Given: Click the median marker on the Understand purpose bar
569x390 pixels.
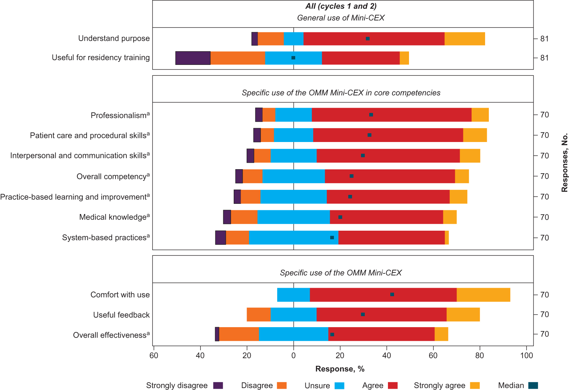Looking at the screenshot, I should [368, 39].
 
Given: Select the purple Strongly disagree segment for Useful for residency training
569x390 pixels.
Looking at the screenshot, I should [193, 58].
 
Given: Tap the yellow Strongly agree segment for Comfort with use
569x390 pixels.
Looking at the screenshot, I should [483, 295].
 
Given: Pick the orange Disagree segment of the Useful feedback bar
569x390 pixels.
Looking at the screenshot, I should [259, 315].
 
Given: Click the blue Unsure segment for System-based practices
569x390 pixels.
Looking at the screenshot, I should [294, 237].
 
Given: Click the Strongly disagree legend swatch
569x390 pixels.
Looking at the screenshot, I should [218, 385].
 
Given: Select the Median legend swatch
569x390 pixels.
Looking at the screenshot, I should [533, 385].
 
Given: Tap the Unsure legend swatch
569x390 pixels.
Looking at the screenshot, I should [339, 385].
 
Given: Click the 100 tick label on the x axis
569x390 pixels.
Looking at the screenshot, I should [527, 356].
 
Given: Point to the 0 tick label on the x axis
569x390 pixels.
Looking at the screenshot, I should [294, 356].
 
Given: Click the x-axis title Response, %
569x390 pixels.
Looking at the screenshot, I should [340, 369].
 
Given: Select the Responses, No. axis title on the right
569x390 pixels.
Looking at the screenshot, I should [565, 163].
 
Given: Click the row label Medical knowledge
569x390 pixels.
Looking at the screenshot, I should [114, 217].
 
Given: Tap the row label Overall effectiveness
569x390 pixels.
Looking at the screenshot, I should [111, 335].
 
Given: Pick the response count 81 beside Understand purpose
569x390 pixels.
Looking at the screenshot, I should [545, 39].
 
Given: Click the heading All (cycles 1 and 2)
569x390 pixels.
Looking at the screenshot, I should [341, 6].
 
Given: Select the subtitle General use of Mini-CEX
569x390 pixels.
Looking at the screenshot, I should [341, 18].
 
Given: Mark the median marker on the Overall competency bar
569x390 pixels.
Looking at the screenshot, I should [352, 176].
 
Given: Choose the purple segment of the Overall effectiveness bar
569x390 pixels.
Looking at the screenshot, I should [217, 334].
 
